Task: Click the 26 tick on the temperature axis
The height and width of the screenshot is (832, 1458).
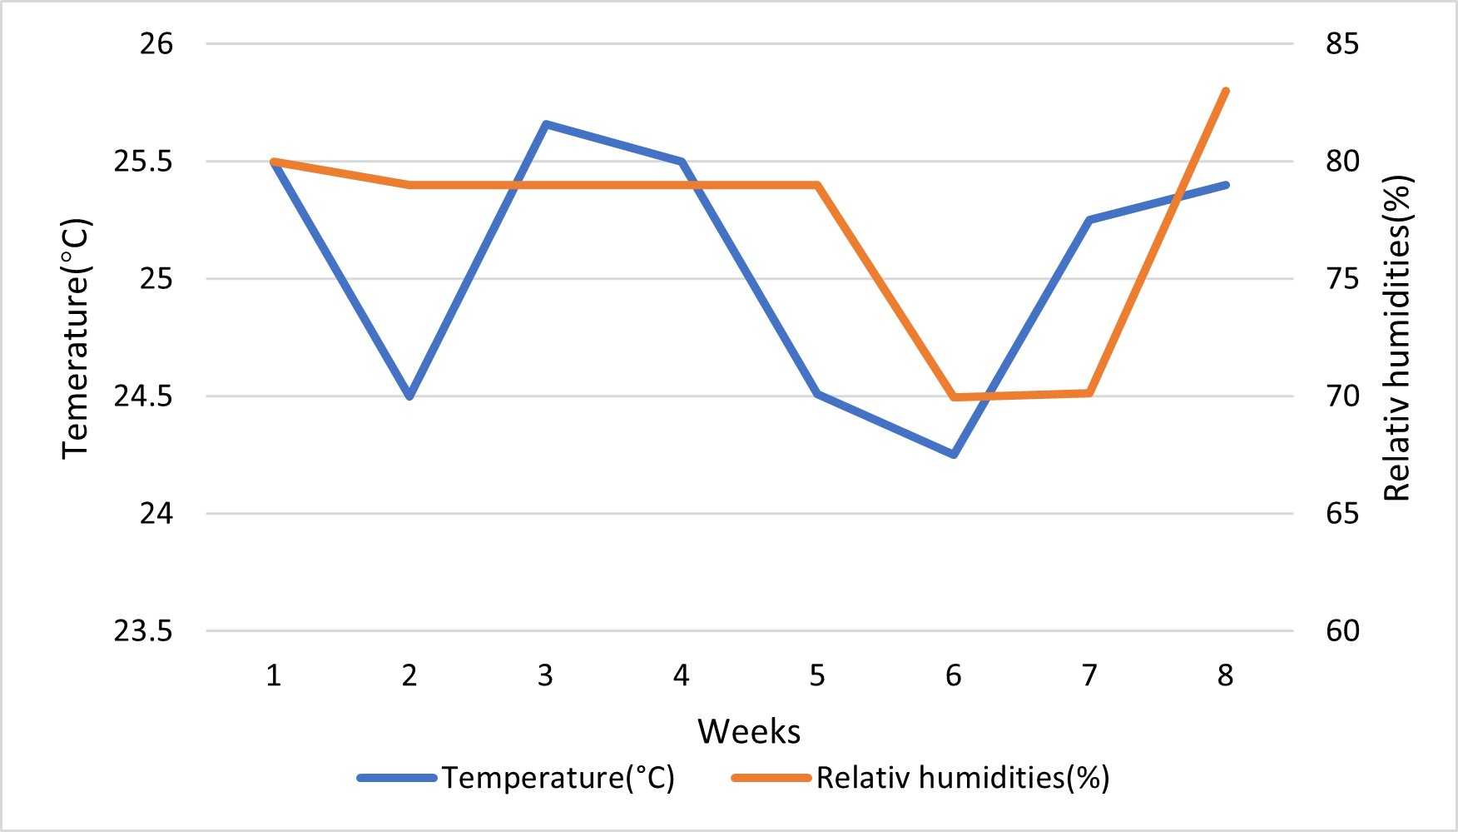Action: pyautogui.click(x=156, y=43)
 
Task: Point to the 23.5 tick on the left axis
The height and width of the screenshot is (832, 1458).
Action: pyautogui.click(x=143, y=631)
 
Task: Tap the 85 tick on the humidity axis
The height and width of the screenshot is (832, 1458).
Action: pyautogui.click(x=1342, y=43)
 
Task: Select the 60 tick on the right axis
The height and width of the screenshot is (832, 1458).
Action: pyautogui.click(x=1342, y=631)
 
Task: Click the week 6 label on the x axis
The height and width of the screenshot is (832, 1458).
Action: pyautogui.click(x=953, y=675)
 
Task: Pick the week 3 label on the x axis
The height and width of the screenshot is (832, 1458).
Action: pyautogui.click(x=545, y=675)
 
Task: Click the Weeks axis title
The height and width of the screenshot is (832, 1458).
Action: pyautogui.click(x=749, y=731)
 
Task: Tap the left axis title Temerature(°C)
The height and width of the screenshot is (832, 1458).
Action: pyautogui.click(x=75, y=338)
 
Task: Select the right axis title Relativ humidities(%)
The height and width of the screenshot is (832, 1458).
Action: pyautogui.click(x=1398, y=338)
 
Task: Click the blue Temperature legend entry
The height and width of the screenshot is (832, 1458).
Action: pyautogui.click(x=516, y=778)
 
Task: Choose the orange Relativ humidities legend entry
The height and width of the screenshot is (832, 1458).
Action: pyautogui.click(x=920, y=778)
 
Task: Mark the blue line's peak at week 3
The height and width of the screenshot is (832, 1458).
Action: pyautogui.click(x=545, y=124)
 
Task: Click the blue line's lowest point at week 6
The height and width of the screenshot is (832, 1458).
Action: pyautogui.click(x=954, y=455)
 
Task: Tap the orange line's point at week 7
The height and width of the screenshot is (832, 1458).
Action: pyautogui.click(x=1089, y=393)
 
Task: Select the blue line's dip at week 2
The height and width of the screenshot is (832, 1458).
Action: pyautogui.click(x=409, y=396)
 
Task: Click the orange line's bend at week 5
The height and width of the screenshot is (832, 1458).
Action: pyautogui.click(x=817, y=185)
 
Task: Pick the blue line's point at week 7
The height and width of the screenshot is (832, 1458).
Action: pyautogui.click(x=1089, y=220)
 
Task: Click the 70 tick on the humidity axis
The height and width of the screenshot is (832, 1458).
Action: pyautogui.click(x=1342, y=396)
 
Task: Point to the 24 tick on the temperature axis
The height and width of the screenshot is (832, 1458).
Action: pyautogui.click(x=156, y=514)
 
